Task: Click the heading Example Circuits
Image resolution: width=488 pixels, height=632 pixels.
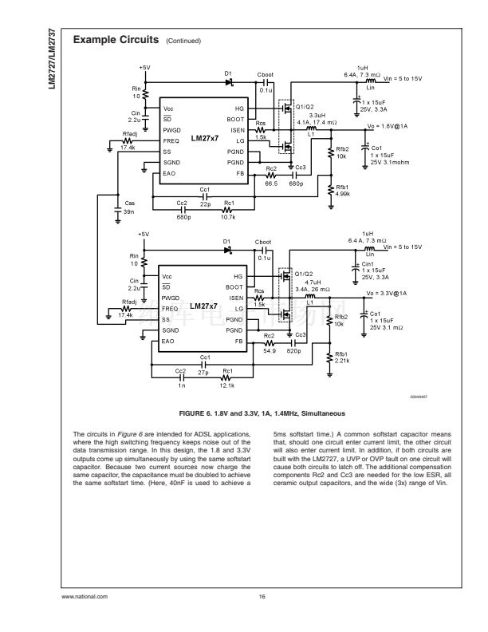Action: (115, 39)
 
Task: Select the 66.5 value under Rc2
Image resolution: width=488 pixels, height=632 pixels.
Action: (271, 184)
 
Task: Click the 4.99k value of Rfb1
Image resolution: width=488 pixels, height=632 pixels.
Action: (342, 193)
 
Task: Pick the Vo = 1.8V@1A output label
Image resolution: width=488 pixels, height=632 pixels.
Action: (387, 126)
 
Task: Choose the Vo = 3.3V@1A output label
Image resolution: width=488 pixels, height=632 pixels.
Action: (387, 294)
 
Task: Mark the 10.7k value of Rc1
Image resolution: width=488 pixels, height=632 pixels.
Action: (228, 216)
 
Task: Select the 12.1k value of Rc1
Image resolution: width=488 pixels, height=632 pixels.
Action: (226, 385)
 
